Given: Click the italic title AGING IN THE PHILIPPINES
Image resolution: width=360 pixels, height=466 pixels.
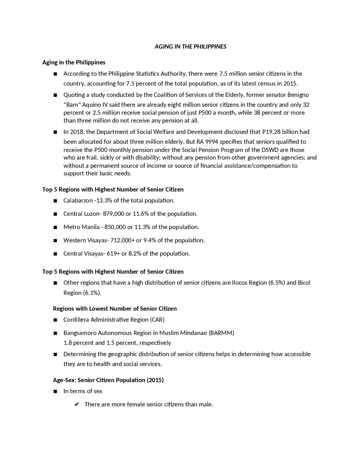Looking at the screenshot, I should pos(190,47).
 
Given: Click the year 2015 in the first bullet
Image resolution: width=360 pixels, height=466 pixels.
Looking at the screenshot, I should pos(290,84).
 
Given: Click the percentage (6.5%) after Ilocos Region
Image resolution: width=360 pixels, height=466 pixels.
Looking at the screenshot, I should pos(277,283).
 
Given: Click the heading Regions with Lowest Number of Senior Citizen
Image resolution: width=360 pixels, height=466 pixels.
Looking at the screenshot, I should pos(115,309).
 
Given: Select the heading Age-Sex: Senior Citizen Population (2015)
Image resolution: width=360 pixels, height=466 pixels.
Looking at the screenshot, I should pos(108,380).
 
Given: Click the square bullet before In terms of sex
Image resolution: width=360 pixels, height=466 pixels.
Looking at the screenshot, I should pos(55,391).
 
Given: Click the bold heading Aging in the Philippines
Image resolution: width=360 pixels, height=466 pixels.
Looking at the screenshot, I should pos(74,62).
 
